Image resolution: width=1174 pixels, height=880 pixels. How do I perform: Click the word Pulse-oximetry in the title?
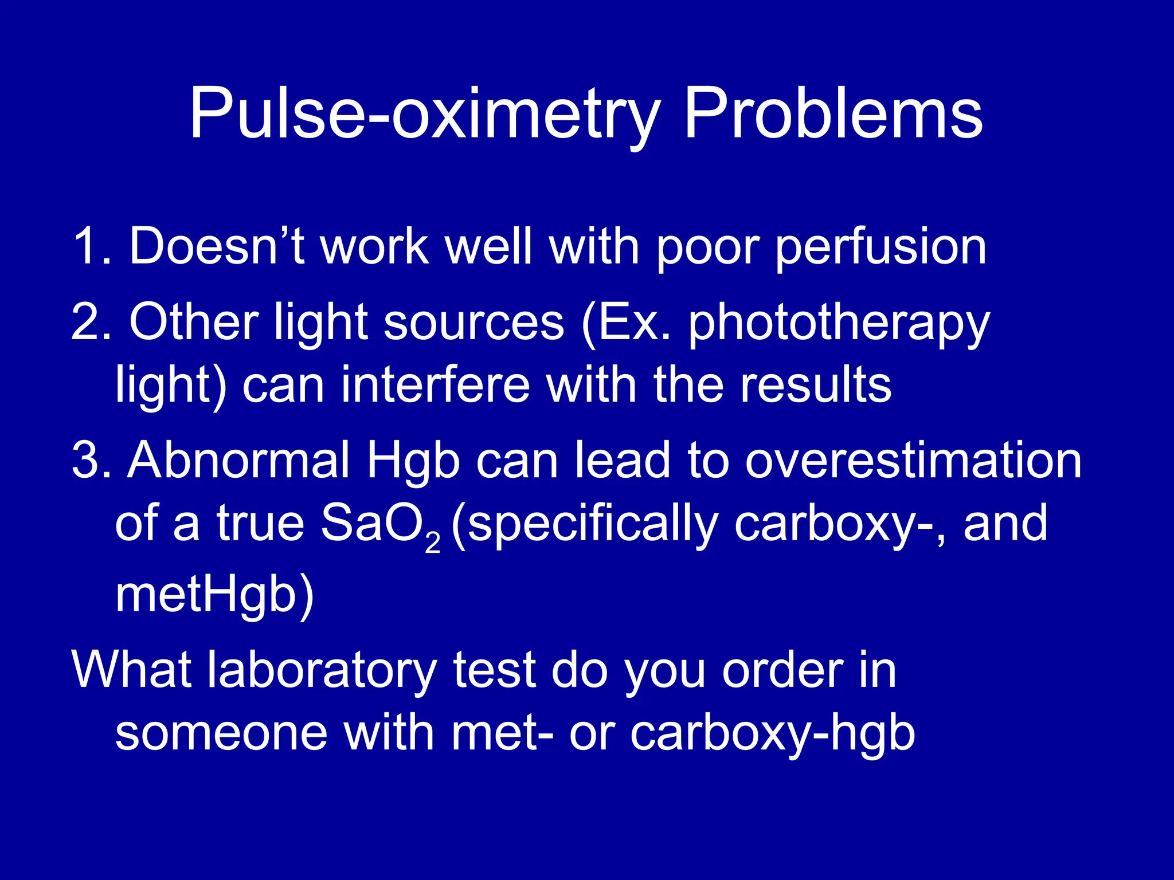[x=425, y=115]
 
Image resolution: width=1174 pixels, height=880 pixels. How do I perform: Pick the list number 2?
[x=91, y=323]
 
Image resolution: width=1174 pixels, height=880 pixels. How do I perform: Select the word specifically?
[x=585, y=525]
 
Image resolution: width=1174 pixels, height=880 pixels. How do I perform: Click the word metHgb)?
[x=214, y=596]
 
